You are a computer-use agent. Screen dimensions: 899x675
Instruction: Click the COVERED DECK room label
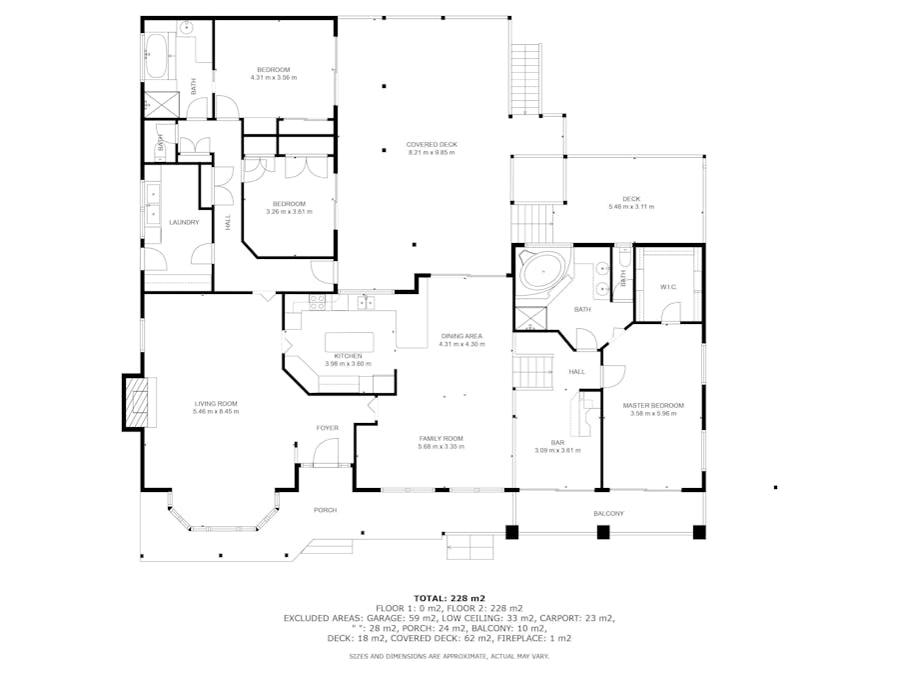tap(432, 145)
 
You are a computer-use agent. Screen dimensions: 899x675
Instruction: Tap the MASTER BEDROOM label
tap(653, 405)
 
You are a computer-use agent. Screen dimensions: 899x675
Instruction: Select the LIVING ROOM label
tap(216, 404)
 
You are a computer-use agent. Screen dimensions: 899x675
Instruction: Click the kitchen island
tap(350, 342)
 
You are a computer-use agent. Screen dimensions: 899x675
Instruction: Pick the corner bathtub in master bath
tap(544, 271)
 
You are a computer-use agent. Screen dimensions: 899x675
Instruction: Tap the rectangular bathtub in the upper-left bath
tap(155, 56)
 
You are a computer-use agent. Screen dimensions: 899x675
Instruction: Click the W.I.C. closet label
tap(668, 287)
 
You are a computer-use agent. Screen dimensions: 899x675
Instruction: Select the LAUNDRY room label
tap(184, 222)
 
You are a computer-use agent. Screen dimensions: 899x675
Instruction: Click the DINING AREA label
tap(461, 336)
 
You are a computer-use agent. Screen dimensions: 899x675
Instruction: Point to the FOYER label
tap(328, 428)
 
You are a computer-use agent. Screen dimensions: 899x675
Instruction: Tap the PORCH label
tap(325, 510)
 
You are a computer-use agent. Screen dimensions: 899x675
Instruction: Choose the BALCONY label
tap(608, 513)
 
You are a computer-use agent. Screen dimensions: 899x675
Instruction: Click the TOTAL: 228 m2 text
tap(449, 598)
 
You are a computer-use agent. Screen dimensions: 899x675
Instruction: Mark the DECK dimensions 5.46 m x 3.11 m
tap(631, 207)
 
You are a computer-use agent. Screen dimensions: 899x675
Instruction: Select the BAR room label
tap(557, 443)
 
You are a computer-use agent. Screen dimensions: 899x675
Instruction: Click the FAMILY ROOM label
tap(441, 439)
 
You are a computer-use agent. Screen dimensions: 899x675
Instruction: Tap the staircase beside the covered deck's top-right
tap(525, 79)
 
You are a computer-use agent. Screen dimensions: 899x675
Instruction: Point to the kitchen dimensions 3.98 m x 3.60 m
tap(348, 363)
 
